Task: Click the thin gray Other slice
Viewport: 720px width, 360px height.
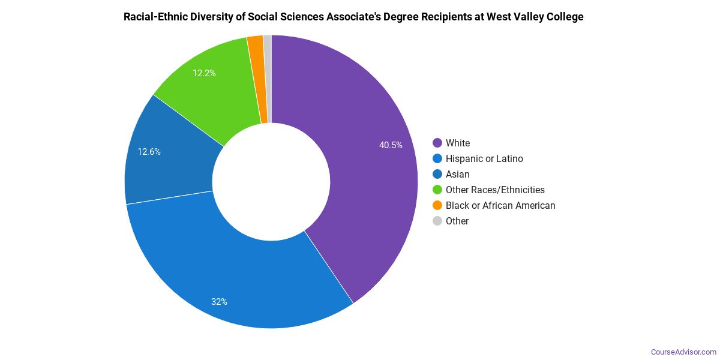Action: tap(268, 78)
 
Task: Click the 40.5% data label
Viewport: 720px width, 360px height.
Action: tap(391, 145)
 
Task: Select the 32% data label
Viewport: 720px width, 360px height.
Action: tap(219, 302)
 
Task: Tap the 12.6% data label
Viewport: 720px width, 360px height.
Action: tap(149, 152)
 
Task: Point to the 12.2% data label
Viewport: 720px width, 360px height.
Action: tap(204, 73)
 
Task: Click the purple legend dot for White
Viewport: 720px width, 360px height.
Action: tap(437, 143)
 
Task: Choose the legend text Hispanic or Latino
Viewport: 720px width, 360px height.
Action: tap(484, 158)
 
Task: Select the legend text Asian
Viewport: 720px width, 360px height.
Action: tap(457, 174)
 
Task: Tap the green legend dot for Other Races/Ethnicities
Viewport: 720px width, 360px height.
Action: tap(437, 190)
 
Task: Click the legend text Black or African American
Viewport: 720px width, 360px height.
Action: tap(500, 205)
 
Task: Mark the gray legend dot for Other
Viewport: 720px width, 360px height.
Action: tap(437, 221)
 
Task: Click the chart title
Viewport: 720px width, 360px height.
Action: tap(353, 17)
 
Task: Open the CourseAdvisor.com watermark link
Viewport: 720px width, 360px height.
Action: tap(683, 352)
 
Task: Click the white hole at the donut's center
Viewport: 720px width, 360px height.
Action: tap(271, 182)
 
